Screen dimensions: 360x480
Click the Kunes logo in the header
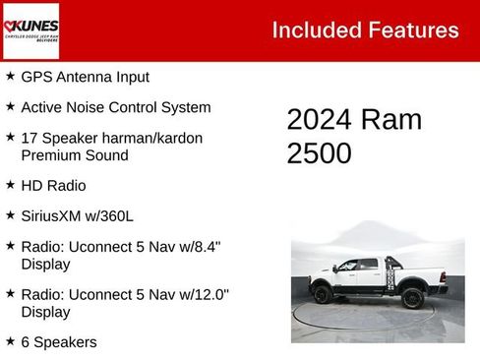click(x=30, y=30)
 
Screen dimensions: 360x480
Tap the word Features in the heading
click(x=413, y=30)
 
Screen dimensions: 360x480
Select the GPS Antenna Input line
click(x=86, y=77)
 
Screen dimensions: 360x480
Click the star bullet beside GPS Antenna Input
click(x=10, y=76)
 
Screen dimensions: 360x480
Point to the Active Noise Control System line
click(x=116, y=107)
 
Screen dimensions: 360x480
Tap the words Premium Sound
click(x=75, y=155)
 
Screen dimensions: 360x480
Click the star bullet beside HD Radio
click(x=10, y=184)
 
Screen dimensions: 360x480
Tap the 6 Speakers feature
click(x=59, y=342)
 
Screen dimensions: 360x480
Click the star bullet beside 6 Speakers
click(x=10, y=341)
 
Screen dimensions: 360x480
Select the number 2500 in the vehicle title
click(x=319, y=153)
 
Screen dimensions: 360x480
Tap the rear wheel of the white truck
click(x=322, y=294)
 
